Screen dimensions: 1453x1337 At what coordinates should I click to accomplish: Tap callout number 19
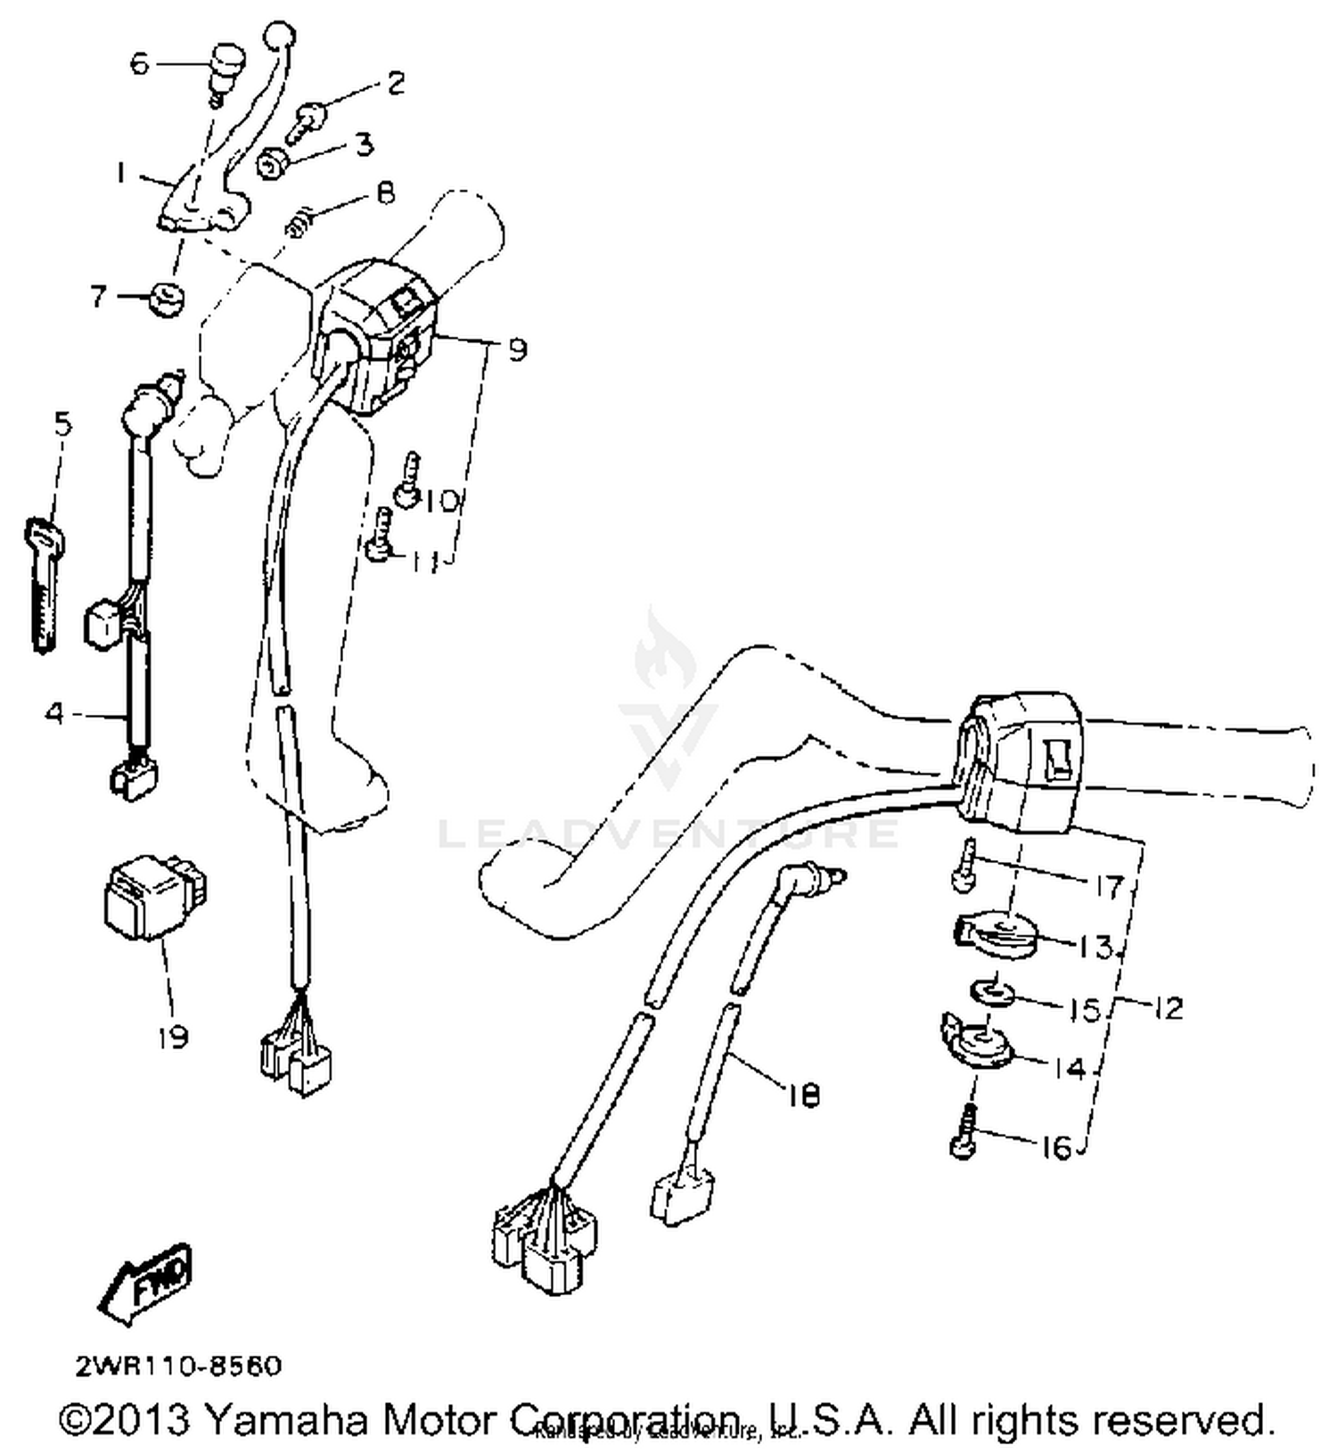172,1037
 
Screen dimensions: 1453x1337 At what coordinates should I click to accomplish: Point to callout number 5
62,424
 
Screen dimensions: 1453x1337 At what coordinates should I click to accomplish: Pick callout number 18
804,1096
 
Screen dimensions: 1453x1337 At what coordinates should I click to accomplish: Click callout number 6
140,63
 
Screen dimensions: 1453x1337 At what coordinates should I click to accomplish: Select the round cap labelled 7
165,299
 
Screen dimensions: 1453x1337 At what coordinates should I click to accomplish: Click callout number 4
55,713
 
